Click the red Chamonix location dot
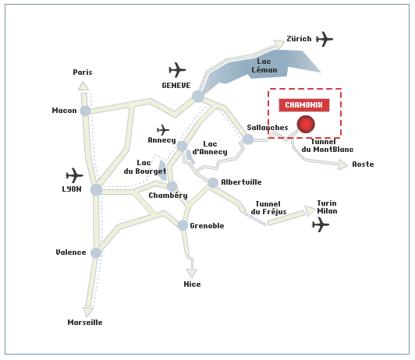tap(306, 124)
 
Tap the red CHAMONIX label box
tap(304, 105)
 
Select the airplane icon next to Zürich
tap(325, 39)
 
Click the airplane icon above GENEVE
tap(177, 70)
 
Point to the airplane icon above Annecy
tap(163, 130)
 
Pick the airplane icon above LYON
tap(74, 175)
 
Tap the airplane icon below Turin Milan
tap(321, 224)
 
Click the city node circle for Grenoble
tap(183, 225)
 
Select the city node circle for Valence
tap(96, 252)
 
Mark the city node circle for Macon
tap(86, 111)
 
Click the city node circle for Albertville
tap(213, 182)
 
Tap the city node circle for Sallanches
tap(248, 139)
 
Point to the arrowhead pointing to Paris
tap(83, 86)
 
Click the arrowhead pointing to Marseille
tap(88, 312)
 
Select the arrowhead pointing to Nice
tap(191, 274)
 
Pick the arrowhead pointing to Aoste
tap(342, 164)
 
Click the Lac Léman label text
tap(264, 65)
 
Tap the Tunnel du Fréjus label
tap(268, 208)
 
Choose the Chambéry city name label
tap(168, 196)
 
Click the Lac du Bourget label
tap(145, 167)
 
